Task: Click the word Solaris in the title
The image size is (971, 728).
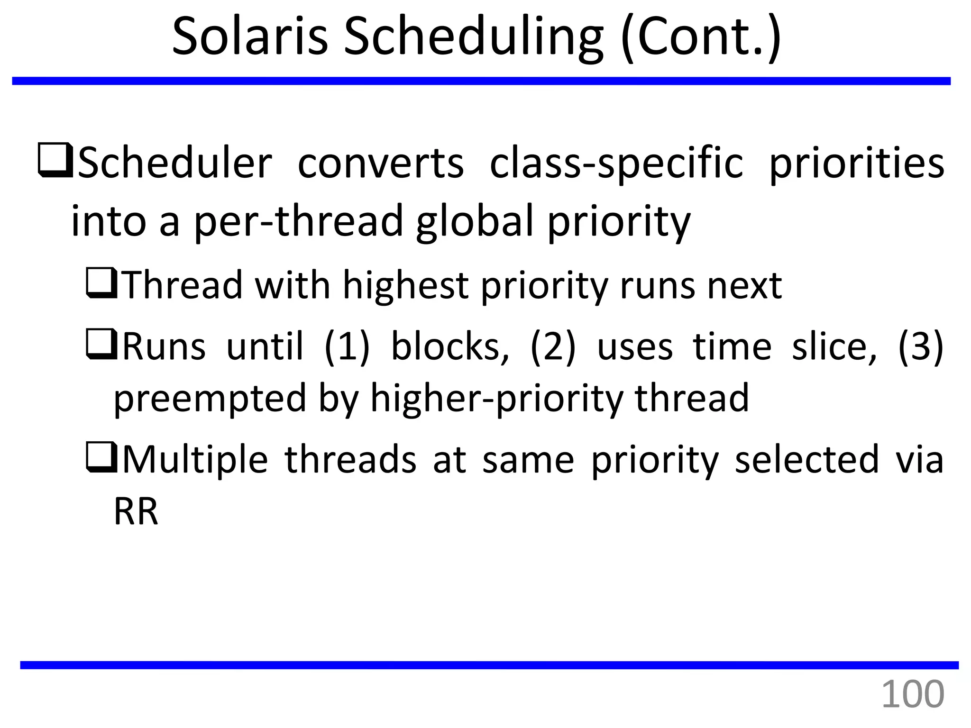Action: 250,37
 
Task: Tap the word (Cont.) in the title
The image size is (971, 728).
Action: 701,37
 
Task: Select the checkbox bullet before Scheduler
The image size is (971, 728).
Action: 55,160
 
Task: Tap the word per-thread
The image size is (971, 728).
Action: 299,221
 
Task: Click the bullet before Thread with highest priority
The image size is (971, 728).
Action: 101,283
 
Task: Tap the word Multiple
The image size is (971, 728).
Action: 195,460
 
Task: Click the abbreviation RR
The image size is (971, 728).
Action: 136,512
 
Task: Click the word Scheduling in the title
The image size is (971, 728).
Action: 473,37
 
